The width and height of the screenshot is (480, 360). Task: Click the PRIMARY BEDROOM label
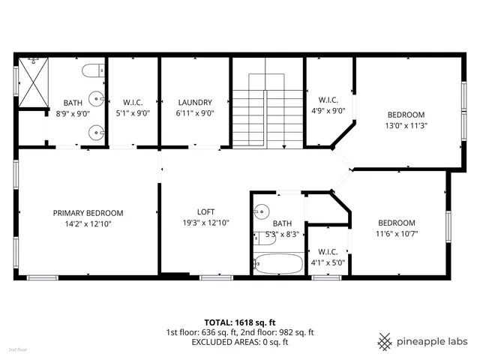point(88,213)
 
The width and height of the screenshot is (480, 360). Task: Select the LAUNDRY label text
point(195,103)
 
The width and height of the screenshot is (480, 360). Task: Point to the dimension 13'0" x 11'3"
point(406,126)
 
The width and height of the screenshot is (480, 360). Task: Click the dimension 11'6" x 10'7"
point(396,234)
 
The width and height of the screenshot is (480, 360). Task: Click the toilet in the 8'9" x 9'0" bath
point(93,72)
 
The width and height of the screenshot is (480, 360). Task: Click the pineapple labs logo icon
point(385,340)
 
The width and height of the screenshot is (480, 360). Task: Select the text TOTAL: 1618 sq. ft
point(240,321)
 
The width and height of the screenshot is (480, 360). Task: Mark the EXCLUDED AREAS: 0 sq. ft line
point(240,342)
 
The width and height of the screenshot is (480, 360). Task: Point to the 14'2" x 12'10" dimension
point(88,223)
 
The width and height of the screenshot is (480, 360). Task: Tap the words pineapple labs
point(432,340)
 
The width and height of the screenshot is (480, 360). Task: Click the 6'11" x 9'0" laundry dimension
point(195,114)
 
